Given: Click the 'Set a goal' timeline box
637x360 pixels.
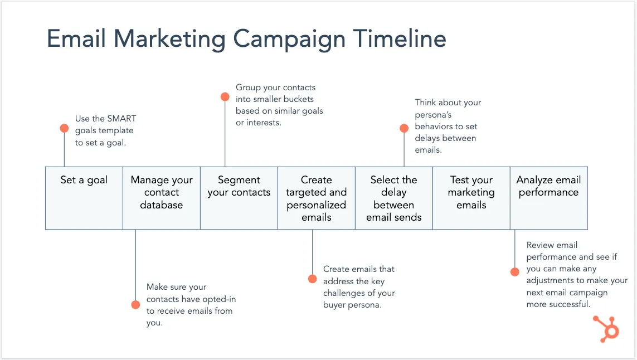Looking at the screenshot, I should point(84,198).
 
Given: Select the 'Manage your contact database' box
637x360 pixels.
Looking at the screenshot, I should point(162,198).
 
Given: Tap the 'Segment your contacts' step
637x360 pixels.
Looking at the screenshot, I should point(239,198).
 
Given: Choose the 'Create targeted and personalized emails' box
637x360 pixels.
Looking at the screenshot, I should point(317,198).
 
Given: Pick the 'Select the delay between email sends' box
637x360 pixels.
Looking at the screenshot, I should point(393,198).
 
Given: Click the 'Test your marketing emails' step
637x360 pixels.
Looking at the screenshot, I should point(471,198).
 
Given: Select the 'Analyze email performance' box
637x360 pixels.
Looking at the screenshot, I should point(548,198).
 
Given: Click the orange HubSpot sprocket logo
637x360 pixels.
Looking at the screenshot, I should point(606,328).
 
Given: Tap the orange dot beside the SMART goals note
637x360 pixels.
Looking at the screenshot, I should point(64,128).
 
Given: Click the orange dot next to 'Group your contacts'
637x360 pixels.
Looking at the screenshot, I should point(225,97).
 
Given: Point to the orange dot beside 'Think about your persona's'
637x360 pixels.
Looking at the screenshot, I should point(404,128).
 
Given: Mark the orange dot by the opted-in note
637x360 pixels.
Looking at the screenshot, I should point(135,304).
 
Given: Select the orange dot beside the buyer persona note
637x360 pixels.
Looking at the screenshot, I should point(312,278).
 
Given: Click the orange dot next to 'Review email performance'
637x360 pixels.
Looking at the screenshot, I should point(515,271).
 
